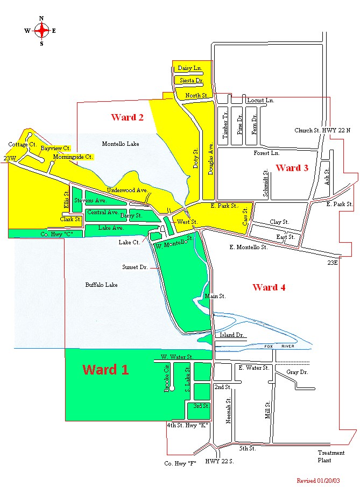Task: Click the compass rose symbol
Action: point(41,31)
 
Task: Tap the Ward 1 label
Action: point(105,370)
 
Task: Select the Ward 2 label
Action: point(127,117)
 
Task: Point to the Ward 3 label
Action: point(292,168)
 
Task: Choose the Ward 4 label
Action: point(269,287)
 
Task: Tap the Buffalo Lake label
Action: point(101,285)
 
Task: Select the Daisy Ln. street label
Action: point(189,68)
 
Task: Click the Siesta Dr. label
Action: point(191,81)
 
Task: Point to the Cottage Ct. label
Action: point(22,145)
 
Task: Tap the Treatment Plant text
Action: point(331,456)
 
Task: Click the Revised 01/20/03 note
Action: point(321,480)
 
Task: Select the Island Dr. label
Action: point(232,335)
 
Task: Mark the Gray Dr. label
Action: point(297,372)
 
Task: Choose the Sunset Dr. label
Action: point(135,266)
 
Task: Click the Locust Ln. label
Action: point(260,101)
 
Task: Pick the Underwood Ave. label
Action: point(127,190)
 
